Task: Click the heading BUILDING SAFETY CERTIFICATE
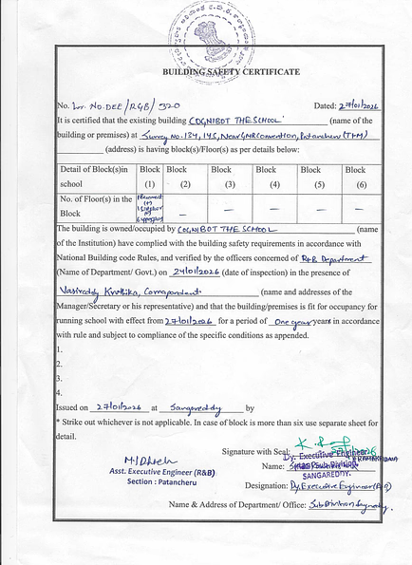(232, 72)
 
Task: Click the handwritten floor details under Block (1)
(151, 205)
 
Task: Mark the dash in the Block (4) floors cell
(274, 206)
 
